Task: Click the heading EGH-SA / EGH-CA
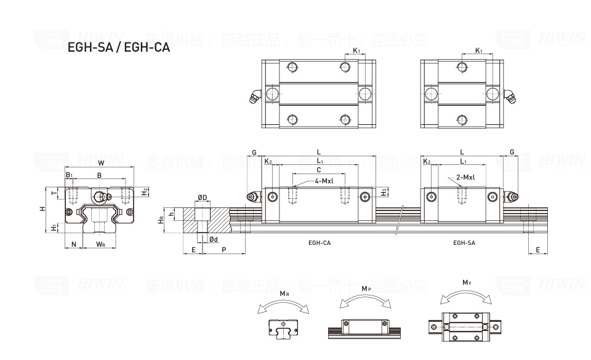[118, 47]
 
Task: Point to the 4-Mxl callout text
[324, 181]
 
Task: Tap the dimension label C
[318, 170]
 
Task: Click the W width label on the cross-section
[101, 163]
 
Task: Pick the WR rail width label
[100, 244]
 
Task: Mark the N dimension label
[74, 244]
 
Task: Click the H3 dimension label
[384, 192]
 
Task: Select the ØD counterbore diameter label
[202, 198]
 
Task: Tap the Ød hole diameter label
[213, 239]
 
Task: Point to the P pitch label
[223, 250]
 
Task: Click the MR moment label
[284, 294]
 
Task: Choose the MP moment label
[366, 289]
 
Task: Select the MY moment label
[467, 283]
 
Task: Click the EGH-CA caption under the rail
[320, 243]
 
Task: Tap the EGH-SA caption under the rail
[464, 243]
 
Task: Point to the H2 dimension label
[143, 192]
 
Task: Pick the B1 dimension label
[70, 175]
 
